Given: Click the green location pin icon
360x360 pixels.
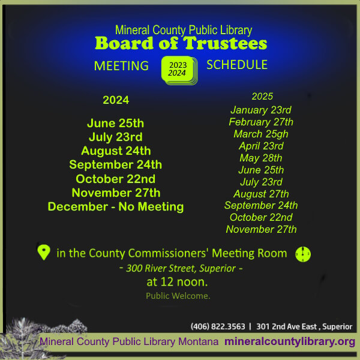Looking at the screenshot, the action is pyautogui.click(x=44, y=253).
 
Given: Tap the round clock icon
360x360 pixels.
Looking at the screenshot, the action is pyautogui.click(x=303, y=254).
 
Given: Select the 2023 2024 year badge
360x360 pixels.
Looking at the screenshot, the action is pyautogui.click(x=179, y=70).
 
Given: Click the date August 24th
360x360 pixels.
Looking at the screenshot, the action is pyautogui.click(x=116, y=151).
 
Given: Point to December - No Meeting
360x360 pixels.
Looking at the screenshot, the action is pyautogui.click(x=116, y=206).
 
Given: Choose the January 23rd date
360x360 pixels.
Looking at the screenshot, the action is pyautogui.click(x=261, y=110).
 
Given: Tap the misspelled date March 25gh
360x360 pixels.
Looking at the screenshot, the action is pyautogui.click(x=261, y=134).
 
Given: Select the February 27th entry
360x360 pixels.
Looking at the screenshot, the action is pyautogui.click(x=261, y=122).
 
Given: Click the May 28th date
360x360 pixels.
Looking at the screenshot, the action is pyautogui.click(x=261, y=158).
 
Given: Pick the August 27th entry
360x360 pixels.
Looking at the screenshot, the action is pyautogui.click(x=261, y=194).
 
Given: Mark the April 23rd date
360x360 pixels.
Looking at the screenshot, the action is pyautogui.click(x=261, y=146).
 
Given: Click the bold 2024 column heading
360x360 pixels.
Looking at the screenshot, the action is pyautogui.click(x=116, y=100).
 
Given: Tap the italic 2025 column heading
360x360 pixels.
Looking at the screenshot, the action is pyautogui.click(x=262, y=97).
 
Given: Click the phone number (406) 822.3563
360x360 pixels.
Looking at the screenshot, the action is pyautogui.click(x=218, y=326).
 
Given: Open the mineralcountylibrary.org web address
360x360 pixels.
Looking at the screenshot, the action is pyautogui.click(x=290, y=342).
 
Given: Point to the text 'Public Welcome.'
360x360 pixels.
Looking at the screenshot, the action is pyautogui.click(x=178, y=296).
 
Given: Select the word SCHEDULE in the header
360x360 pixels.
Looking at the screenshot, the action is pyautogui.click(x=237, y=65).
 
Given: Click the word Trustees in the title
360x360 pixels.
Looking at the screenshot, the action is pyautogui.click(x=225, y=43).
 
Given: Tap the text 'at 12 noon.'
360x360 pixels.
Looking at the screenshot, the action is pyautogui.click(x=177, y=282).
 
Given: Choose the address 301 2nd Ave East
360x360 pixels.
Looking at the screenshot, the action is pyautogui.click(x=287, y=326).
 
